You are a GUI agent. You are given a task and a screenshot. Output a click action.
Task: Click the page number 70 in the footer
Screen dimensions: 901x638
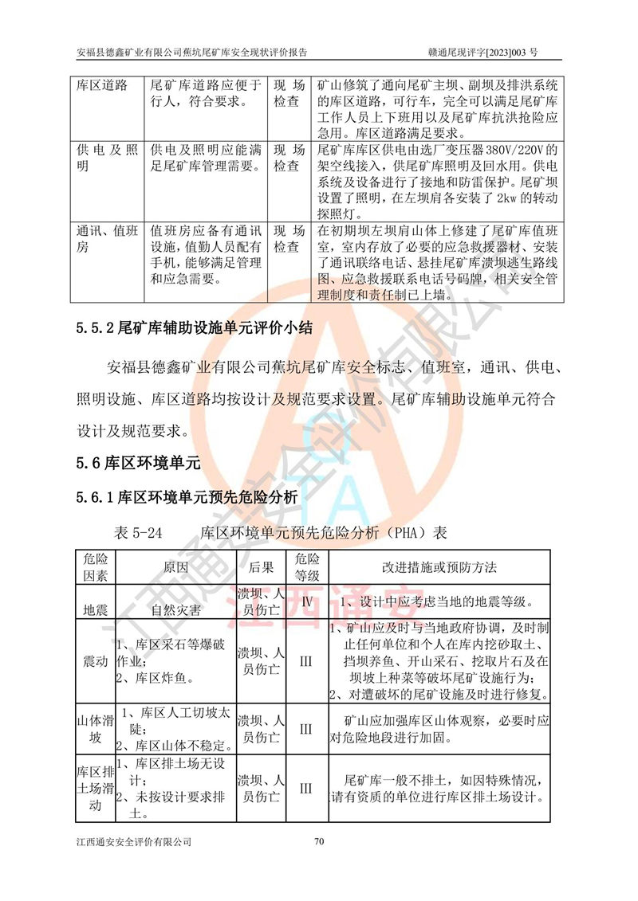click(x=319, y=841)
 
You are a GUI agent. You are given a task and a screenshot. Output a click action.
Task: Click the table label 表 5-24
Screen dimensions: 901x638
click(x=139, y=531)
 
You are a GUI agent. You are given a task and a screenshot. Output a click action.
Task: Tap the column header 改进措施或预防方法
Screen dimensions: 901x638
click(x=439, y=567)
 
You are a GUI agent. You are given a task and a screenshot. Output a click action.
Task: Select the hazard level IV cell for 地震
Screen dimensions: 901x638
click(x=307, y=602)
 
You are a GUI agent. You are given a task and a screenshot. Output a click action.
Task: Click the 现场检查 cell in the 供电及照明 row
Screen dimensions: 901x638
click(x=288, y=158)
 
